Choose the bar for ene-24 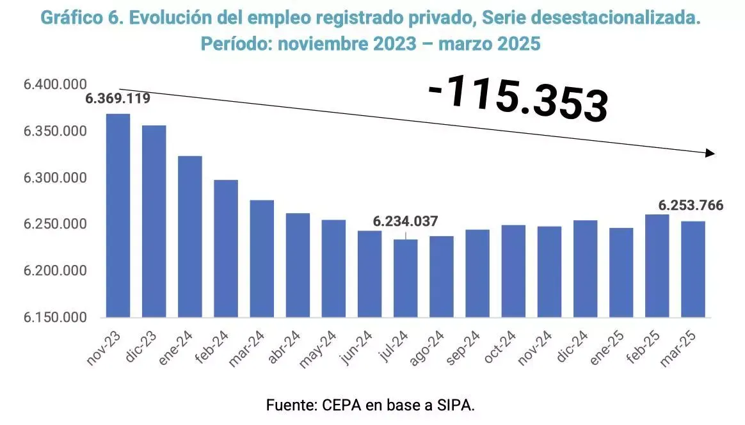[x=190, y=237]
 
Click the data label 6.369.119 [x=118, y=99]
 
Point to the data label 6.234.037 [x=406, y=221]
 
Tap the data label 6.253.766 [x=691, y=205]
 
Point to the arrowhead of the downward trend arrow [x=710, y=153]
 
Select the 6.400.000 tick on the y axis [x=47, y=85]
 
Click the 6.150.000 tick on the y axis [x=47, y=317]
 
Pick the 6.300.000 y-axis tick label [x=47, y=179]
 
